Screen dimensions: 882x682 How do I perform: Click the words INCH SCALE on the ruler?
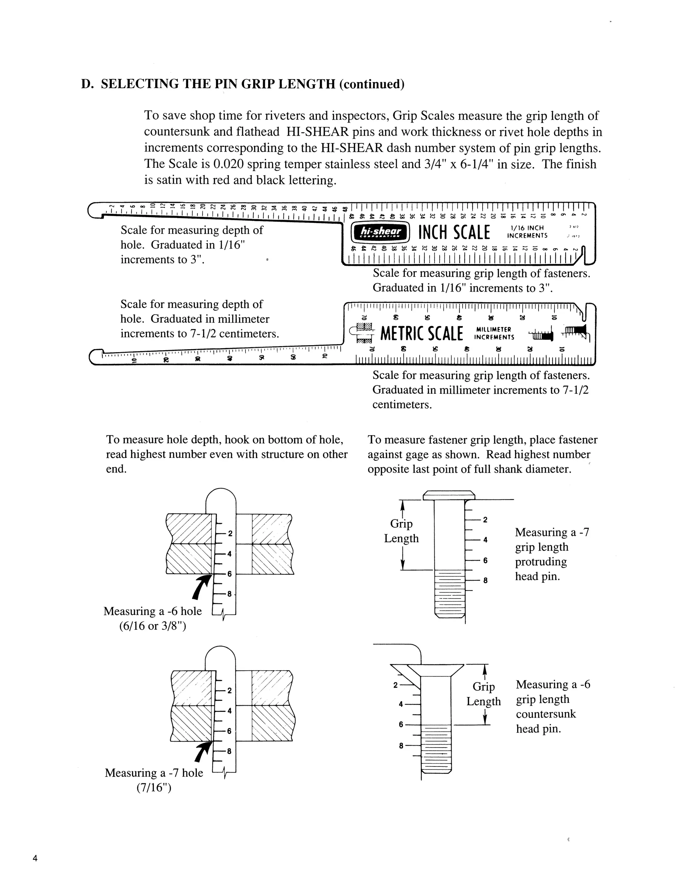coord(454,233)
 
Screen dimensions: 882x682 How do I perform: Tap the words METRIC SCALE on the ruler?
coord(421,333)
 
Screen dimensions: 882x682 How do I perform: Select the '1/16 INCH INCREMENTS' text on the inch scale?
coord(527,232)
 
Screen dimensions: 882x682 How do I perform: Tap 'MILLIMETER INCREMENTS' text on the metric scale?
coord(494,333)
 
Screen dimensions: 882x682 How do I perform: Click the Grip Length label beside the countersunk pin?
coord(484,694)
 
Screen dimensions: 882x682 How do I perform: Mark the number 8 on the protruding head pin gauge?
coord(485,580)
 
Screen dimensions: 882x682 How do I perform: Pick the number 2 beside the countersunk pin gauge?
coord(396,685)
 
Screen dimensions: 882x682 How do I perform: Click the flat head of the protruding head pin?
coord(449,495)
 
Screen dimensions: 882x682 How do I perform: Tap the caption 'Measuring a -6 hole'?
coord(153,611)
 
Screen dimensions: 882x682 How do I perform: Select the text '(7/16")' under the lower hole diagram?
coord(154,787)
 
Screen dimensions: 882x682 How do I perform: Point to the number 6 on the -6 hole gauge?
coord(229,574)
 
